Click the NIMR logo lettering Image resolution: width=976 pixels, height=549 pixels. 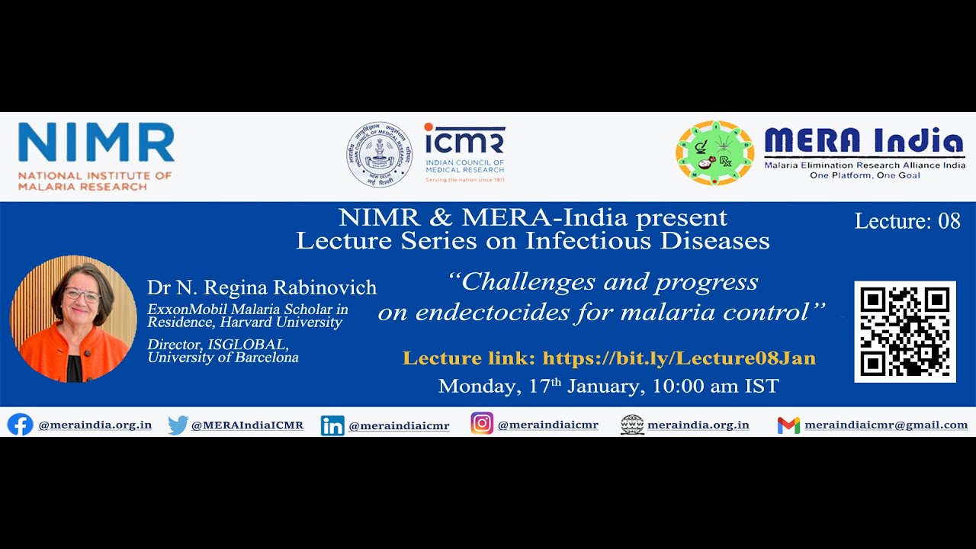[x=96, y=142]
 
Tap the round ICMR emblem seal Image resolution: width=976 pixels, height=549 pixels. [x=380, y=155]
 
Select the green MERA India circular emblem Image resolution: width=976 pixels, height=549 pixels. [x=714, y=153]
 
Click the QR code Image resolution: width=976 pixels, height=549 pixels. [x=905, y=332]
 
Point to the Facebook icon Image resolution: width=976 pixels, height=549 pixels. [x=20, y=425]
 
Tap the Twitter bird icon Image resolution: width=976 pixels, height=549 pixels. [x=178, y=425]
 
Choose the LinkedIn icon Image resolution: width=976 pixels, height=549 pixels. [x=332, y=425]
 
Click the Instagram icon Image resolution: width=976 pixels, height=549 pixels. [x=482, y=423]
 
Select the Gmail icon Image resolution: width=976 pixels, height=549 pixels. [x=788, y=425]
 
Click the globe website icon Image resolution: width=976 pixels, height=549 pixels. [x=632, y=425]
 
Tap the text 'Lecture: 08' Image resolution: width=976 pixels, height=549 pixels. [x=907, y=221]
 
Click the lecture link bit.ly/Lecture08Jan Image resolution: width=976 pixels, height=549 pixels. [x=679, y=358]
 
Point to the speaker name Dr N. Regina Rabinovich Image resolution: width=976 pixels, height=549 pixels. [x=262, y=287]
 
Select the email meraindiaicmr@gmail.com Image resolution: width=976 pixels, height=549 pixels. [x=886, y=425]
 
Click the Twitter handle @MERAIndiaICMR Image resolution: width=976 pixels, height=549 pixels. [x=247, y=425]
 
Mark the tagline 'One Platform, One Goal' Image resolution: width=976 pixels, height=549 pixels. [x=865, y=175]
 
